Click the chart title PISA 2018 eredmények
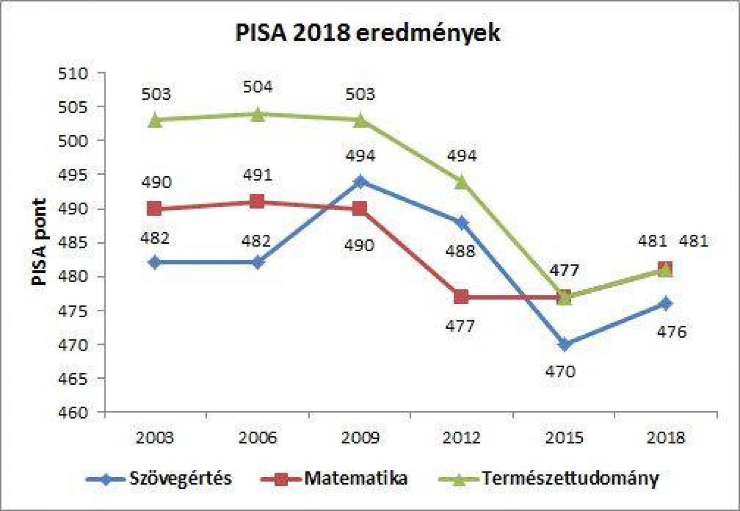368,33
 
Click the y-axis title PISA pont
40,241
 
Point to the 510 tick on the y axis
73,74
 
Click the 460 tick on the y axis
73,412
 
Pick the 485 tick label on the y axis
73,243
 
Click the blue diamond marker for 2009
360,181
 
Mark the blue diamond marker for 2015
564,345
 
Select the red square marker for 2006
257,202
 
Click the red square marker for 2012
461,297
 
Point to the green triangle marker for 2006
258,114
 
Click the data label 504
258,87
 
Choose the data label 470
560,371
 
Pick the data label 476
672,332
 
